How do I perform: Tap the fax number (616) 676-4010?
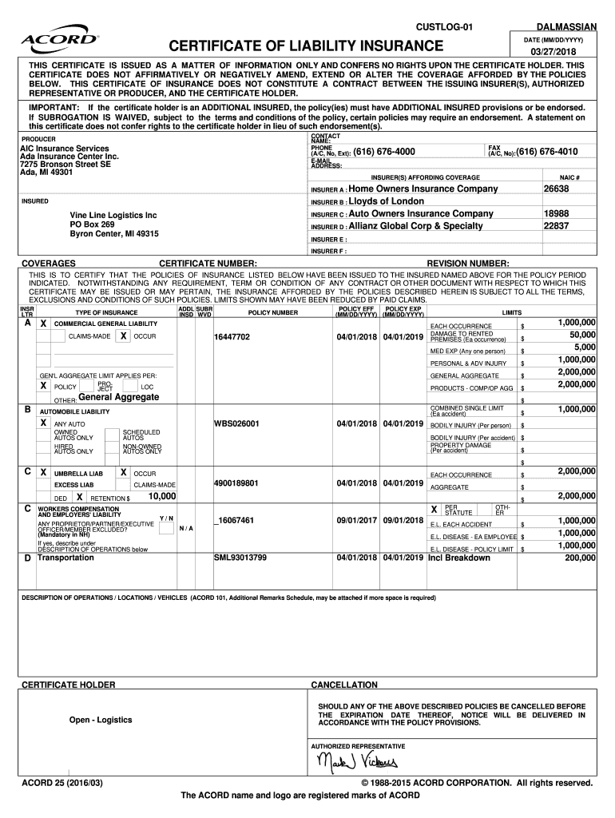pos(547,152)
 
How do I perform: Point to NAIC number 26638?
pos(556,189)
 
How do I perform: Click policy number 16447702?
pos(232,337)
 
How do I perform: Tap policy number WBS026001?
pos(236,423)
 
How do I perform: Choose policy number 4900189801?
pos(236,482)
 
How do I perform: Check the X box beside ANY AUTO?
pos(44,423)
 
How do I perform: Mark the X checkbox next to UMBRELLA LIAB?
pos(44,473)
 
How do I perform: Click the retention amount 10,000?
pos(162,497)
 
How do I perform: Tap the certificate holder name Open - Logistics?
pos(101,720)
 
